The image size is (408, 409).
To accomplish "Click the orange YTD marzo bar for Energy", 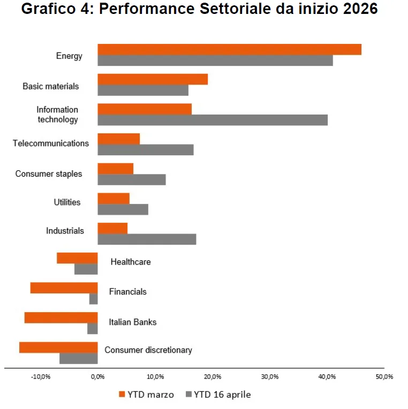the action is point(230,50).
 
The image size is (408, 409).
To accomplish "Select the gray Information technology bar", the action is point(213,120).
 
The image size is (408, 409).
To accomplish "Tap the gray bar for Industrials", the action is point(147,239).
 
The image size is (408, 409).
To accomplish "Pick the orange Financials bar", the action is point(64,288).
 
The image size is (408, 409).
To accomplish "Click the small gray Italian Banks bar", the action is point(93,329).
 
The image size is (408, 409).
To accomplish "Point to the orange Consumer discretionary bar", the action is point(58,347).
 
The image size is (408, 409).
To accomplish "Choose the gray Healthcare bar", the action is point(86,269).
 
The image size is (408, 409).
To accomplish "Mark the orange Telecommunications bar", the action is point(119,139).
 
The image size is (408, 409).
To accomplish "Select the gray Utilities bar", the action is point(123,209).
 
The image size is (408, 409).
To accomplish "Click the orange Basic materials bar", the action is point(153,79).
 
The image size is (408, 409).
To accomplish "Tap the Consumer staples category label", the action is point(49,174).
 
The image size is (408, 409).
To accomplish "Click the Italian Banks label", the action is point(133,322).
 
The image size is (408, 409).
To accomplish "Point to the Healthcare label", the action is point(131,262).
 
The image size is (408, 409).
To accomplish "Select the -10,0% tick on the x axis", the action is point(41,377).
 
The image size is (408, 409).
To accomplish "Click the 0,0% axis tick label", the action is point(98,377).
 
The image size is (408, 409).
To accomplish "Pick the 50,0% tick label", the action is point(384,377).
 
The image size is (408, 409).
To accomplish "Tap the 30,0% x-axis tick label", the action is point(270,377).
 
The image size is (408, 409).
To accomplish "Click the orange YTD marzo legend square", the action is point(122,395).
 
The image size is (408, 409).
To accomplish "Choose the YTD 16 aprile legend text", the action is point(222,395).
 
